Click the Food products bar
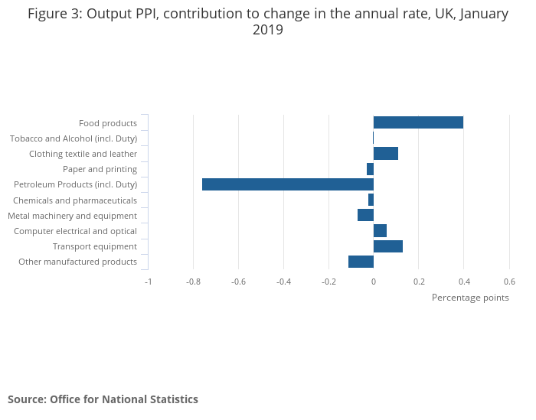pos(418,122)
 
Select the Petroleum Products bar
pos(288,184)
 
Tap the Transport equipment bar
pos(388,246)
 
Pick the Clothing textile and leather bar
pos(386,153)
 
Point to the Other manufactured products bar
pos(361,262)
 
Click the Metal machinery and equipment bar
pos(365,215)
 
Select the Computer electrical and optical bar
pos(380,230)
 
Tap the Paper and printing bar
pos(370,169)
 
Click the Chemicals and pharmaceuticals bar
pos(371,200)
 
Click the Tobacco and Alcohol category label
pos(74,138)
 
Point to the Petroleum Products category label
pos(75,184)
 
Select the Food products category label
pos(108,123)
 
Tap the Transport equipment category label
pos(95,246)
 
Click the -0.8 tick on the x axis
pos(194,282)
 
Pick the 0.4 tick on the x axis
pos(464,282)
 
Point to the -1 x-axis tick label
pos(149,282)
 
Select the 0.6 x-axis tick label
pos(509,282)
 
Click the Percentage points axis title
pos(470,298)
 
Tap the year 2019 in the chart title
pos(268,31)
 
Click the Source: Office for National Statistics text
pos(103,399)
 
